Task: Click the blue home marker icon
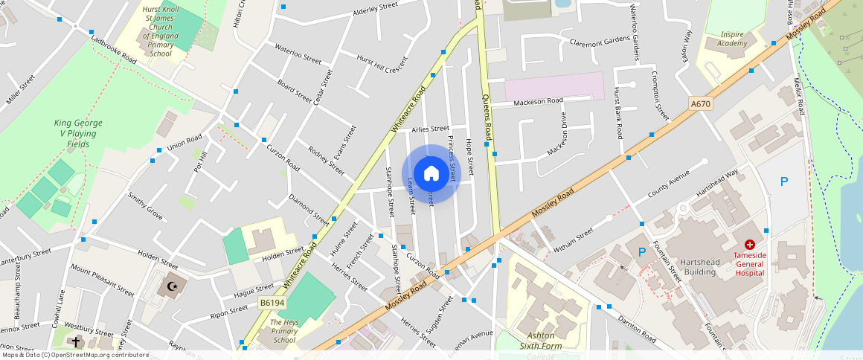click(431, 174)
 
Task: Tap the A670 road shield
click(700, 104)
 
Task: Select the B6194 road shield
click(272, 303)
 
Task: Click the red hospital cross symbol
click(750, 245)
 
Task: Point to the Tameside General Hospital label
click(749, 263)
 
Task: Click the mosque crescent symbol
click(173, 286)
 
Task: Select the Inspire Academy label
click(733, 39)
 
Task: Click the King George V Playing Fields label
click(78, 133)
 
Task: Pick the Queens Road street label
click(487, 118)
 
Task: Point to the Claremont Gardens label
click(600, 42)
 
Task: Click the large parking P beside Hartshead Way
click(783, 181)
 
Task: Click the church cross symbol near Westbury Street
click(76, 341)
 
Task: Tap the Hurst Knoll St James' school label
click(160, 31)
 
